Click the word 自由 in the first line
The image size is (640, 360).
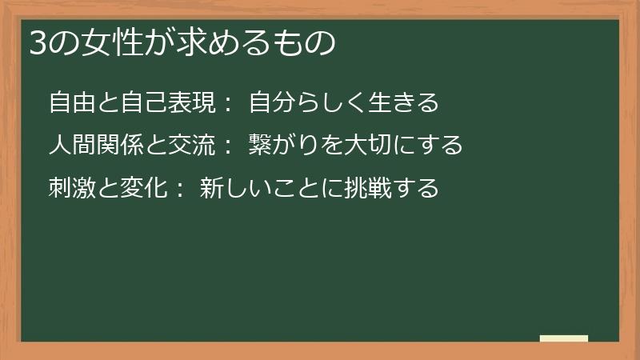pos(72,103)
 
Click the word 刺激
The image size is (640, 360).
pos(72,188)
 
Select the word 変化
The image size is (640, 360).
pos(143,188)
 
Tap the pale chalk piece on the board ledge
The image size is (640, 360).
pos(564,338)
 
